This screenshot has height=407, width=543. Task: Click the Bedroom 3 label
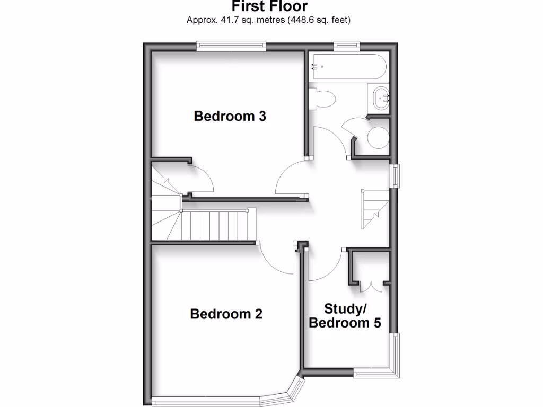click(x=230, y=116)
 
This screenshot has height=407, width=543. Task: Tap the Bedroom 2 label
click(x=226, y=314)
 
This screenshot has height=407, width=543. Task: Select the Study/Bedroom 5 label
click(x=345, y=316)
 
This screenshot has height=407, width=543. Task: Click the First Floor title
click(x=269, y=6)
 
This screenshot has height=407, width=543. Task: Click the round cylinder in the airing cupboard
click(x=378, y=138)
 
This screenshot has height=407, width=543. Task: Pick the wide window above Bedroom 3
click(x=231, y=47)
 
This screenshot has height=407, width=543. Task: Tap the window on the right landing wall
click(x=395, y=175)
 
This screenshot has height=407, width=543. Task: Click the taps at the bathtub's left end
click(x=316, y=67)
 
